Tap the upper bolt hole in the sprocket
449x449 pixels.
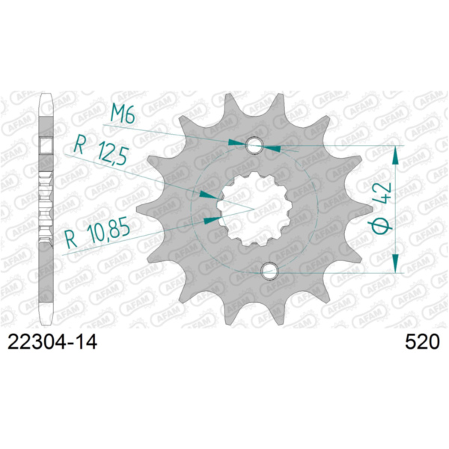point(256,144)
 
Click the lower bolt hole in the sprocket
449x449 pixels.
point(270,270)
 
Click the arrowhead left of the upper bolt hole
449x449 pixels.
point(239,141)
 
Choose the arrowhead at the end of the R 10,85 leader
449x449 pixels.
point(210,219)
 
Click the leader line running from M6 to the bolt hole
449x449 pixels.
point(187,128)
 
